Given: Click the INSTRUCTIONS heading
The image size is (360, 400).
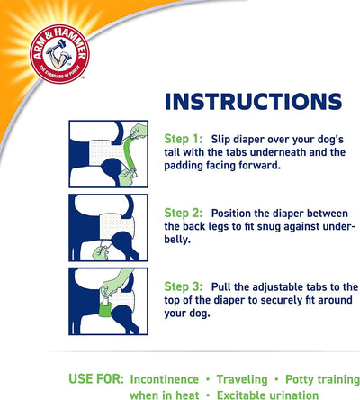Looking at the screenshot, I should (254, 100).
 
